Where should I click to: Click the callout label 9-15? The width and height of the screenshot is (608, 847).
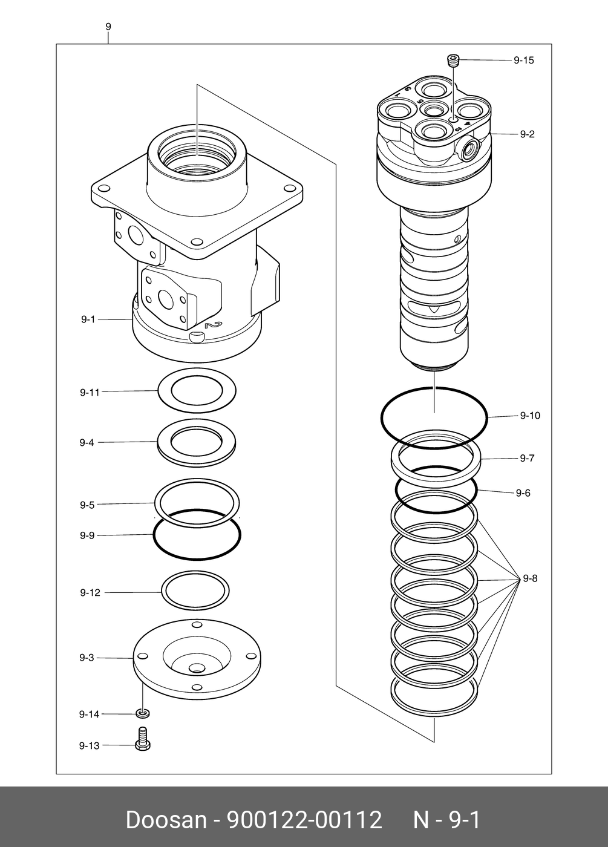click(523, 60)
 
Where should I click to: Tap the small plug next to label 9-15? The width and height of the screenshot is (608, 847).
click(453, 60)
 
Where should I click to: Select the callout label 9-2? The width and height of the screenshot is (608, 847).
click(527, 134)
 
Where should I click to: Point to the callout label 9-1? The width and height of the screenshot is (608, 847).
click(88, 319)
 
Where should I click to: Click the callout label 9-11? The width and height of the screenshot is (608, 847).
click(90, 392)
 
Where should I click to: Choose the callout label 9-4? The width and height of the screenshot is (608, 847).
click(87, 443)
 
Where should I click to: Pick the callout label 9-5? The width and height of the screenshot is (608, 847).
click(87, 505)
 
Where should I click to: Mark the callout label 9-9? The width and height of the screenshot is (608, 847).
click(87, 535)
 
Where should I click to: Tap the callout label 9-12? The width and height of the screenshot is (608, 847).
click(90, 593)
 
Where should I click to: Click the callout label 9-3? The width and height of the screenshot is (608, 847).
click(87, 658)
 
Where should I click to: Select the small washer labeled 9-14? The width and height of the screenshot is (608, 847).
click(143, 715)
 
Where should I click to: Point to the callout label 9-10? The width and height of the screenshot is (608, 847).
click(530, 416)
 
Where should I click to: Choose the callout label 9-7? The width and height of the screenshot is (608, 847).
click(527, 458)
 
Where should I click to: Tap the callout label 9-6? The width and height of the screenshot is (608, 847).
click(523, 493)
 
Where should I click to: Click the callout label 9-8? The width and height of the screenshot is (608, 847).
click(530, 579)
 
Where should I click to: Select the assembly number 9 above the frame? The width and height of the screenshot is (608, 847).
click(108, 27)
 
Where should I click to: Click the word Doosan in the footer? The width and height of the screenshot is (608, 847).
click(166, 820)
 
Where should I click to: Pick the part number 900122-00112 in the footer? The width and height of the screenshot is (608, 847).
click(304, 820)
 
